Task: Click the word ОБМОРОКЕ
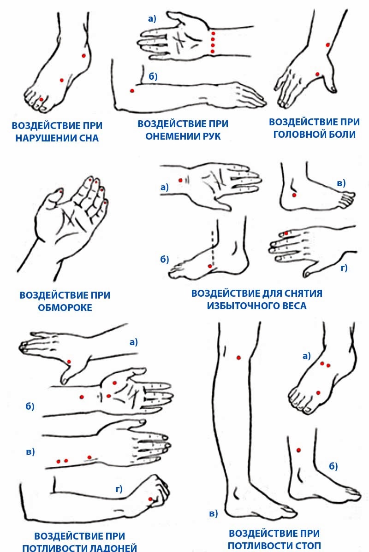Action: point(65,307)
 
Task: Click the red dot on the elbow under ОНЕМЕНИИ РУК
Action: point(132,91)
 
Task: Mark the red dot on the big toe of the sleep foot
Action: point(41,99)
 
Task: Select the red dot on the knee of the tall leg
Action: point(238,358)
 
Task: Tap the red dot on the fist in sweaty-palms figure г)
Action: point(150,499)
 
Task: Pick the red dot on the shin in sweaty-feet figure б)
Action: point(299,450)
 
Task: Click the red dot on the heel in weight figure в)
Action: point(295,195)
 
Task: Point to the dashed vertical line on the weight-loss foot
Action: point(212,247)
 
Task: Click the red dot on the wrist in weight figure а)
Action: point(180,180)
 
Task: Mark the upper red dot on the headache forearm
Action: point(327,45)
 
